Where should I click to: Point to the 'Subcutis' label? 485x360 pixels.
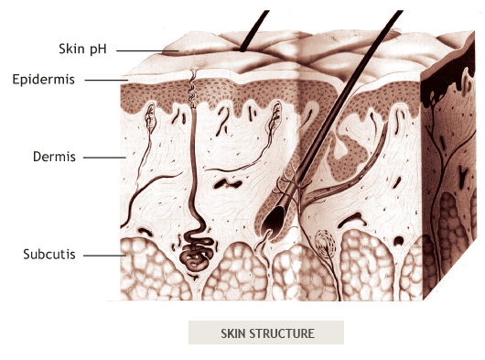[48, 252]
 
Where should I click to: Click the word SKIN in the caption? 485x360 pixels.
[234, 333]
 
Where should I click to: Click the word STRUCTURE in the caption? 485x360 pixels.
[283, 333]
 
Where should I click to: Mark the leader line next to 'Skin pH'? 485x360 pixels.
[137, 50]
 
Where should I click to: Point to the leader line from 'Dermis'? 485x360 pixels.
[104, 158]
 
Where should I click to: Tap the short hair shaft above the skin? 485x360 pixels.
[253, 27]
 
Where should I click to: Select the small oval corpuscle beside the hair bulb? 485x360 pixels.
[324, 244]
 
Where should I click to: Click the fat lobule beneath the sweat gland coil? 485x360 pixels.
[197, 284]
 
